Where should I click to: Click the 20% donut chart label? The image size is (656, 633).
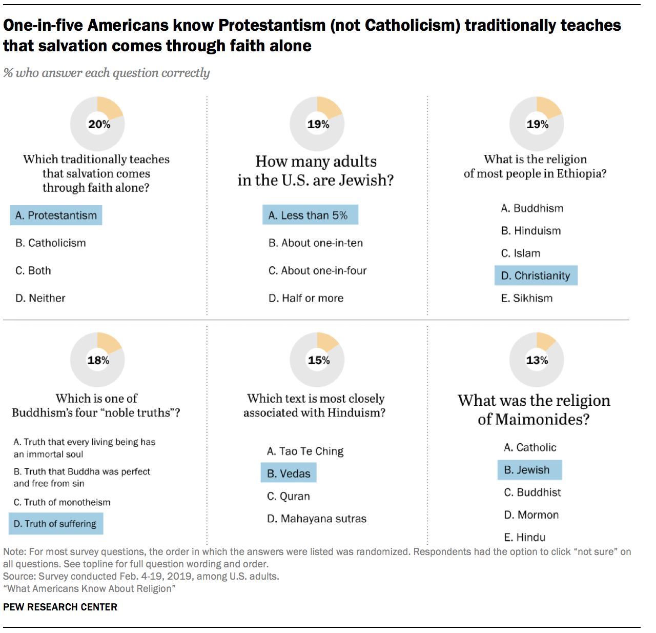99,124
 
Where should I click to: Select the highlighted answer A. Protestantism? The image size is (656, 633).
56,215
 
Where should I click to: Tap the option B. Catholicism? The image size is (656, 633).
51,243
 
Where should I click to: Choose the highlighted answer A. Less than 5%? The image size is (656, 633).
310,215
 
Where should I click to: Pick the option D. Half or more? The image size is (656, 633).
306,298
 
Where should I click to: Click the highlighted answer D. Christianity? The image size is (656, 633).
536,275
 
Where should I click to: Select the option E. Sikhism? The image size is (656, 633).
527,298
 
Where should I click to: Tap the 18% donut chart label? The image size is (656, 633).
98,360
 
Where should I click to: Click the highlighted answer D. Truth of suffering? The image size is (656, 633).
56,524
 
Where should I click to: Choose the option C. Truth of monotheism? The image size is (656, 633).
62,502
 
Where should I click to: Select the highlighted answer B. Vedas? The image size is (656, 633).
289,473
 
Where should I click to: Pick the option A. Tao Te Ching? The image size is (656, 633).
305,451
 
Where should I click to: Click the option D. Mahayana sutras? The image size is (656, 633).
317,519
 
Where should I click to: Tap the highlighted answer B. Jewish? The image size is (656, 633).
529,470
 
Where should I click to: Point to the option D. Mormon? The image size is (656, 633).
531,515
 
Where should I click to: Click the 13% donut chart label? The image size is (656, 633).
537,360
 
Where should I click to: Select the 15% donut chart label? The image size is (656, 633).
318,360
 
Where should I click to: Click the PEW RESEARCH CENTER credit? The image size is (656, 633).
60,607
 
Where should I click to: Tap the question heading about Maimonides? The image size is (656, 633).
534,409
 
